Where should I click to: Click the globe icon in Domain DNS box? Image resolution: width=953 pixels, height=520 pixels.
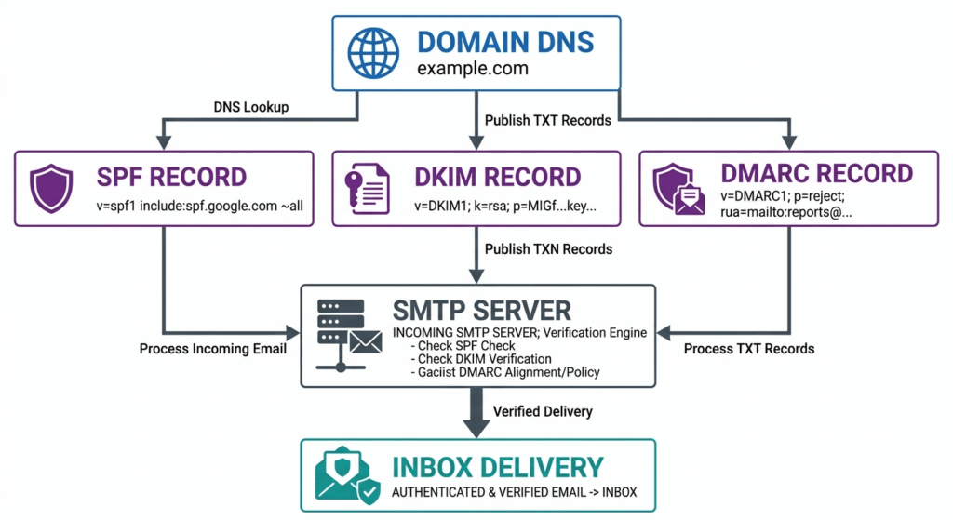coord(373,52)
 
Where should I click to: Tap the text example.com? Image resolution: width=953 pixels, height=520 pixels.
coord(472,70)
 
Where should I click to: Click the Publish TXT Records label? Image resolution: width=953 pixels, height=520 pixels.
coord(548,120)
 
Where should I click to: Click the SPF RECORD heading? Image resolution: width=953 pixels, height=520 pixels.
coord(172,177)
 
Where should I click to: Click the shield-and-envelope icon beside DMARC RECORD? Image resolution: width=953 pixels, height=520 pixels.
coord(679,189)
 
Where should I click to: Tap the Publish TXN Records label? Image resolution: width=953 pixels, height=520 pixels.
coord(549,248)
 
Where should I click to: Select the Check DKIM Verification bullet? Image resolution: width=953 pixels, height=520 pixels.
coord(484,358)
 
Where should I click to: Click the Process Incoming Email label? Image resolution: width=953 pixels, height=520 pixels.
coord(210,349)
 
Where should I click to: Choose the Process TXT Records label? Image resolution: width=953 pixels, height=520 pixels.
coord(749,349)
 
